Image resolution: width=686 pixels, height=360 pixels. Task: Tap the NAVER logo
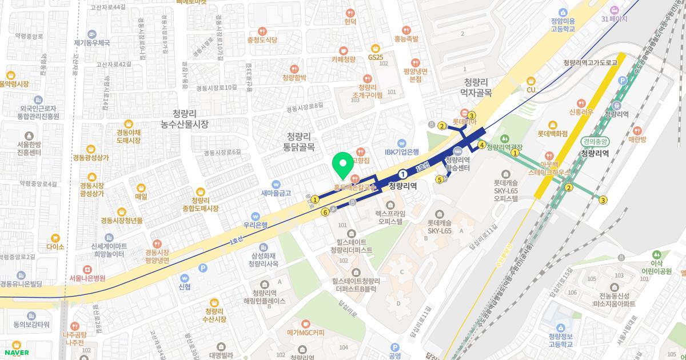(15, 352)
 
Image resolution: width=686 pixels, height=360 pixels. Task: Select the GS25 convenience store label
(376, 58)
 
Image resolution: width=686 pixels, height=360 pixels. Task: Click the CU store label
(531, 89)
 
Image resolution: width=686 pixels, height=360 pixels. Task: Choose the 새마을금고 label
(276, 193)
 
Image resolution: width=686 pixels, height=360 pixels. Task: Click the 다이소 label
(55, 247)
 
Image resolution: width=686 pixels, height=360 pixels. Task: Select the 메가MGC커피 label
(305, 332)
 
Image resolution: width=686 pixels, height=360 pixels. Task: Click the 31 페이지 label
(614, 18)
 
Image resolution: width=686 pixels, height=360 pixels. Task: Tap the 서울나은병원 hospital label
(87, 278)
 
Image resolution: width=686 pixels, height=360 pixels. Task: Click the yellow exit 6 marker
(325, 213)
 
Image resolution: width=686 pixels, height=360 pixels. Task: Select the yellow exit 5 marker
(439, 179)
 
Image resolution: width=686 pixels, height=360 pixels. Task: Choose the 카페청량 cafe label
(343, 58)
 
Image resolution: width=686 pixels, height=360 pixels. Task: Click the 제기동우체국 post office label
(91, 42)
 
